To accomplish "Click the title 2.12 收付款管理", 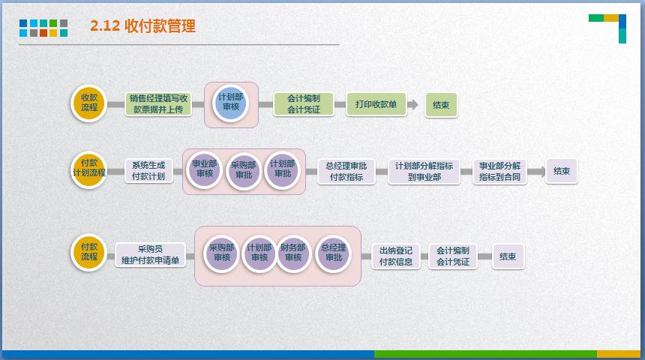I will (142, 26).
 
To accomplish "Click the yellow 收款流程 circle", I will (89, 103).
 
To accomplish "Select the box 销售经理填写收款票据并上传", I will (158, 103).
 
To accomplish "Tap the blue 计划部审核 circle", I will (230, 103).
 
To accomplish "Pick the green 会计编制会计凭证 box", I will (303, 103).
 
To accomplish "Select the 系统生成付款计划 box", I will (148, 170).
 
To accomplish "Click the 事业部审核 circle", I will (205, 169).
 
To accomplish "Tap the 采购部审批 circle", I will (244, 170).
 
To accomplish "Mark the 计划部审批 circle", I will (282, 169).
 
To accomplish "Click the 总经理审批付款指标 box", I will (346, 171).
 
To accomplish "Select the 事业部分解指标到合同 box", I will (499, 171).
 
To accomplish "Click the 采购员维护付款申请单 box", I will (150, 255).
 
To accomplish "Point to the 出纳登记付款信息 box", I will (396, 256).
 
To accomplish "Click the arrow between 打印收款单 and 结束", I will (412, 105).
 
